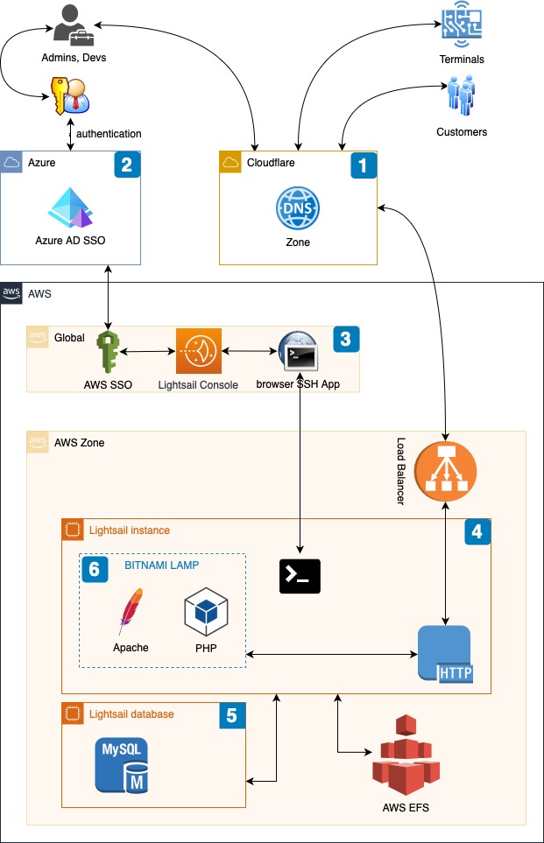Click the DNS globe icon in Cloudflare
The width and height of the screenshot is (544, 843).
[x=298, y=209]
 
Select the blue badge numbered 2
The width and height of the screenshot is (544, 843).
[x=127, y=165]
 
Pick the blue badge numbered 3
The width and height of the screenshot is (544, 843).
[x=346, y=338]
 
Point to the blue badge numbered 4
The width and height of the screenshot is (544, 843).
[x=477, y=531]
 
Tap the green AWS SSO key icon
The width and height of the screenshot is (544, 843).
[x=108, y=351]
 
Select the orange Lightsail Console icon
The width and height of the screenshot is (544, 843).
[x=198, y=352]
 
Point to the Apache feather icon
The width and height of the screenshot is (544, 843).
[x=131, y=612]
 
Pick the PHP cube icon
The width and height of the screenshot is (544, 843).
[x=206, y=613]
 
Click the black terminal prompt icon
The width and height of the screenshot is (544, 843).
[x=300, y=575]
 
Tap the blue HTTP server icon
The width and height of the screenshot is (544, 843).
[x=445, y=654]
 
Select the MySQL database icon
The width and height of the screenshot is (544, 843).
[x=124, y=766]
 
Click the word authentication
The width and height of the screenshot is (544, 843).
[x=109, y=134]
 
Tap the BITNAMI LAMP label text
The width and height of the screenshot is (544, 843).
[x=167, y=566]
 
